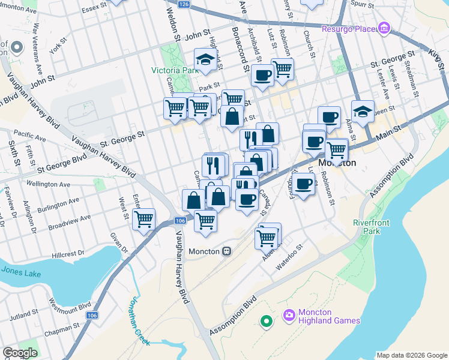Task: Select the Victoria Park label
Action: click(x=175, y=70)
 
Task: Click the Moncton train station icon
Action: click(x=228, y=251)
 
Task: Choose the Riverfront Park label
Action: click(x=371, y=227)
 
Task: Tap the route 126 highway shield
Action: click(x=184, y=4)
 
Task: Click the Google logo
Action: click(x=20, y=352)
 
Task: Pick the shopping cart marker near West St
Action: click(x=144, y=219)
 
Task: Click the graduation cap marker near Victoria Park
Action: click(x=205, y=60)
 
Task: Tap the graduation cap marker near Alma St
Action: click(x=363, y=111)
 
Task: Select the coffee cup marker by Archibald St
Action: click(x=262, y=76)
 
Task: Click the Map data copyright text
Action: click(x=412, y=355)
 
